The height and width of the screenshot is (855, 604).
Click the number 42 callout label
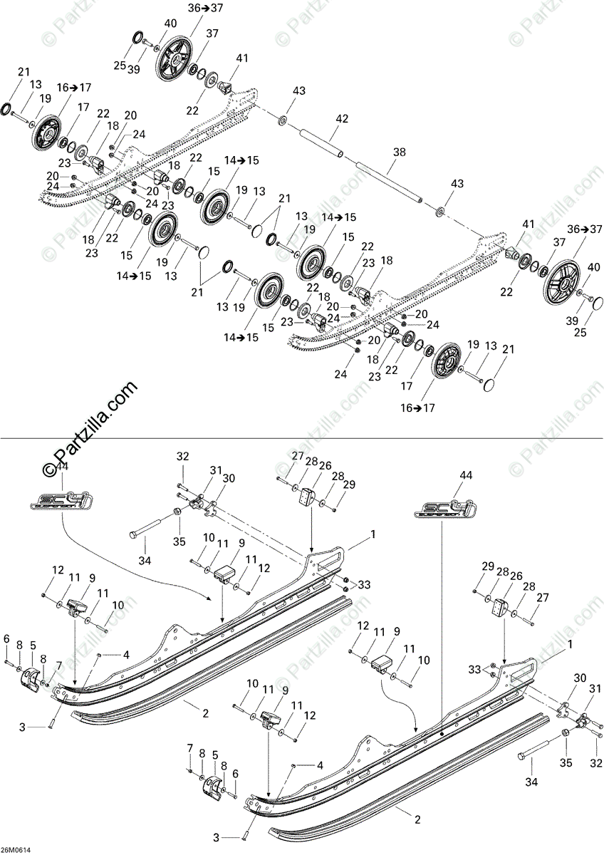click(342, 119)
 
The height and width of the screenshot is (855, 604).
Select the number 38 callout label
click(400, 152)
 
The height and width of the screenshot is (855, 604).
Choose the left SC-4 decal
click(60, 496)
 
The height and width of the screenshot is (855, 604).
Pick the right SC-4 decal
click(444, 507)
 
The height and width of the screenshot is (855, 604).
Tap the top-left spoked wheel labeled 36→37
click(174, 57)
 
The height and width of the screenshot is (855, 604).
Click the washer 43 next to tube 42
click(282, 118)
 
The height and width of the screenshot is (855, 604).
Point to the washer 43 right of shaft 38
click(441, 212)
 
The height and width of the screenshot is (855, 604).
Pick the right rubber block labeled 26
click(501, 608)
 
